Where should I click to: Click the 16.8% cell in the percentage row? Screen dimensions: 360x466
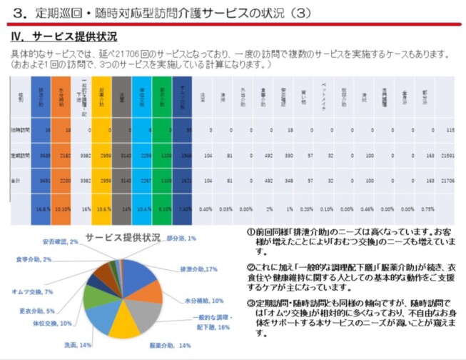coord(42,209)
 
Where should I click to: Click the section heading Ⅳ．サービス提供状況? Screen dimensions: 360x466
coord(64,36)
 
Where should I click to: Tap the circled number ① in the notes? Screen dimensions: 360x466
coord(251,233)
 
